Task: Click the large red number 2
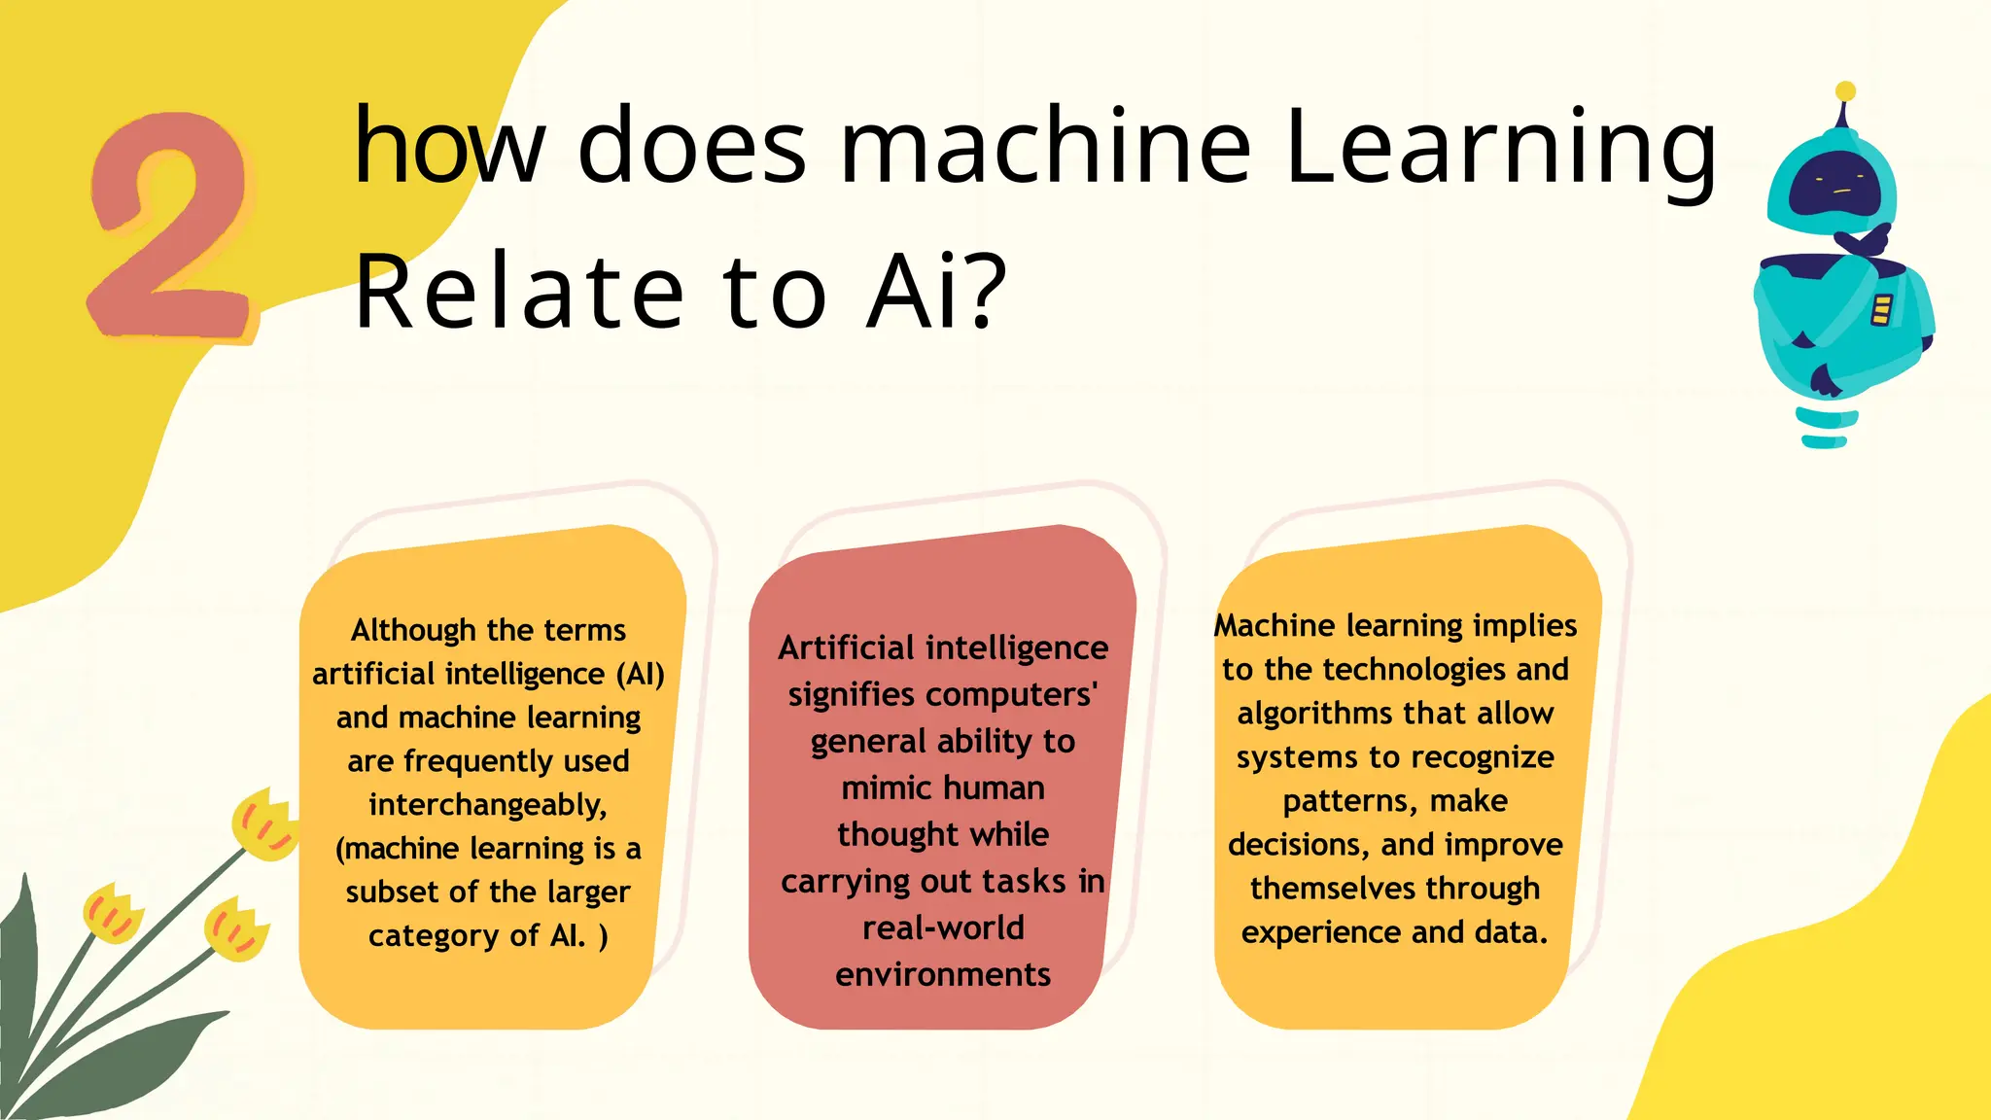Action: point(170,228)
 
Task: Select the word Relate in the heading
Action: point(519,290)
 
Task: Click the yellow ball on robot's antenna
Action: point(1845,91)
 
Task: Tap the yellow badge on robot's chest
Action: point(1881,309)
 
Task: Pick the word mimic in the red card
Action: point(886,787)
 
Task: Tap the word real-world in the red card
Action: point(943,927)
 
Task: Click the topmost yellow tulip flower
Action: point(264,824)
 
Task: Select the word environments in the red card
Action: point(943,974)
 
